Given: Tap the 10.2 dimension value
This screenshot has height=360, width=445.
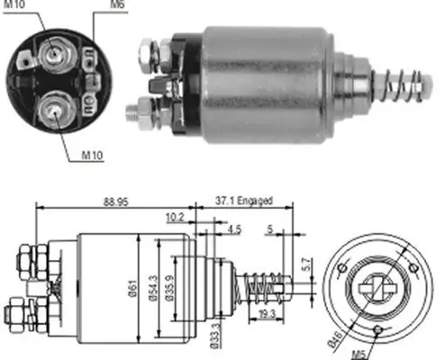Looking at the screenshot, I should click(176, 217).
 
